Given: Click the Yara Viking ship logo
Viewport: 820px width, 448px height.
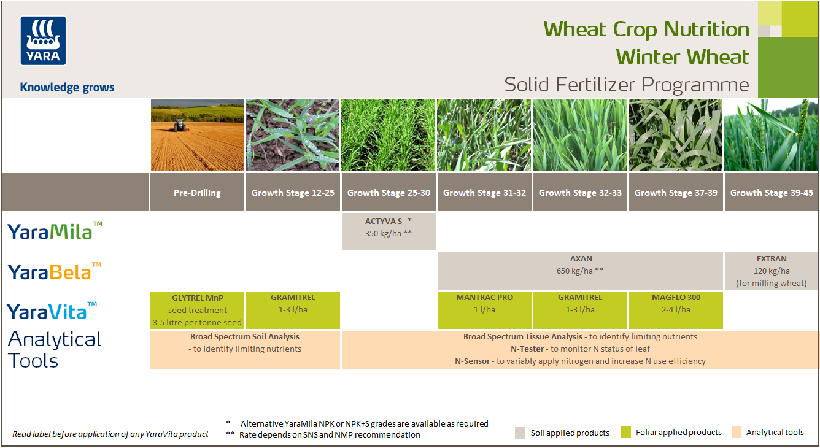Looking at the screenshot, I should pyautogui.click(x=43, y=41).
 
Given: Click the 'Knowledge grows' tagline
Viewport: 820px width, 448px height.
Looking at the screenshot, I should pyautogui.click(x=67, y=87).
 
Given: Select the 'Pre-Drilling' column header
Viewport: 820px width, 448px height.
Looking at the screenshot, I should pyautogui.click(x=197, y=193).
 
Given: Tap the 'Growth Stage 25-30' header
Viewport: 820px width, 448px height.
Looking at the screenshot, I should pyautogui.click(x=389, y=193).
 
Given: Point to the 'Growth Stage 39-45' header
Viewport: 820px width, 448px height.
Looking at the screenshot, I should pyautogui.click(x=772, y=193).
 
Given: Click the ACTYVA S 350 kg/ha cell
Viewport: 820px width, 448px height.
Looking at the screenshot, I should pyautogui.click(x=389, y=231).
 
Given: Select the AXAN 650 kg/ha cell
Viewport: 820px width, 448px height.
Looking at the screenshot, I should pyautogui.click(x=580, y=271).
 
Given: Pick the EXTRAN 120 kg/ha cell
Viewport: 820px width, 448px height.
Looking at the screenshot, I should pyautogui.click(x=772, y=271).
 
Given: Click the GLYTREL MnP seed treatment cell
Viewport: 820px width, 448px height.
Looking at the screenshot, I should pyautogui.click(x=197, y=310).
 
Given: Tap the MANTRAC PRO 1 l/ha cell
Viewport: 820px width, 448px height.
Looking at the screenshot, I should pyautogui.click(x=484, y=310).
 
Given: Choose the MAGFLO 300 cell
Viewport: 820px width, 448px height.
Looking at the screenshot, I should pyautogui.click(x=676, y=310).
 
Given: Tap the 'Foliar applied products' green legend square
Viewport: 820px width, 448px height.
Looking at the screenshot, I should pyautogui.click(x=626, y=432).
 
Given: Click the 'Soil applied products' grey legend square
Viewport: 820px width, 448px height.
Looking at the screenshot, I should pyautogui.click(x=520, y=433).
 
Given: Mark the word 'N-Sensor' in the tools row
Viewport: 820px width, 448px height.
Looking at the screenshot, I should pyautogui.click(x=473, y=361).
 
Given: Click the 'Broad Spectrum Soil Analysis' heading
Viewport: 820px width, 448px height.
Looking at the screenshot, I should pyautogui.click(x=244, y=336).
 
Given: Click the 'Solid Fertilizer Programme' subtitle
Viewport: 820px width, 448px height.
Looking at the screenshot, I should pyautogui.click(x=626, y=84).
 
